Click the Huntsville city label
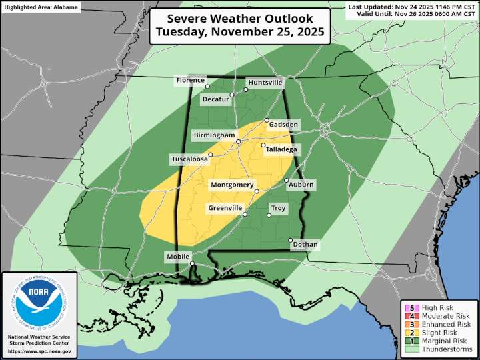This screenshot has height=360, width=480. (265, 83)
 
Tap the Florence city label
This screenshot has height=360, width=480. (190, 81)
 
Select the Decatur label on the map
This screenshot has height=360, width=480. (215, 99)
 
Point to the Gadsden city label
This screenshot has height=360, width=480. (283, 124)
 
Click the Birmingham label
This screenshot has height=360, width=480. (214, 135)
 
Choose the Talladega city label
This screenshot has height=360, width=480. (281, 149)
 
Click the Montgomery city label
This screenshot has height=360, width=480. (232, 185)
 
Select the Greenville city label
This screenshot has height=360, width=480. (225, 209)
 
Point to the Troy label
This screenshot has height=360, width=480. (278, 209)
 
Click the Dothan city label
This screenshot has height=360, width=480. (305, 245)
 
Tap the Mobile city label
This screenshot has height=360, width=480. (178, 257)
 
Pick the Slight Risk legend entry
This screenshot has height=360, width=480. (437, 333)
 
